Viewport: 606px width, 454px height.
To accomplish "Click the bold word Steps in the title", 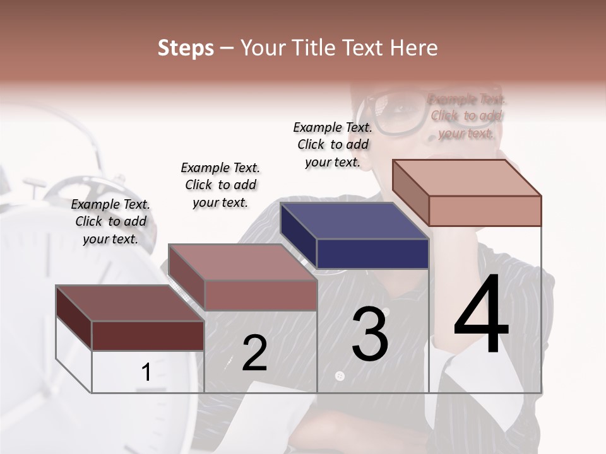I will [186, 48].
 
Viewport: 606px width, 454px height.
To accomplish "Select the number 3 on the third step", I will [370, 334].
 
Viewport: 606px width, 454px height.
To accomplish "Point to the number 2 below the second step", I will [254, 353].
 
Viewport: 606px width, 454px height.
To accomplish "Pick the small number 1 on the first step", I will [146, 373].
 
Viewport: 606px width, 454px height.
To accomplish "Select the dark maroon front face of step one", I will [148, 335].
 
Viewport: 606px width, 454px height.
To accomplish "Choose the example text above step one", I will [110, 221].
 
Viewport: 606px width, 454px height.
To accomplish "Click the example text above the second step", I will [220, 185].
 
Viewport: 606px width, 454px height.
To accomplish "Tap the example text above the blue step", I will [333, 144].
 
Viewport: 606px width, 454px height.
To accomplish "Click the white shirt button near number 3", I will [340, 376].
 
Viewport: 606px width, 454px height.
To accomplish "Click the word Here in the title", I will [414, 48].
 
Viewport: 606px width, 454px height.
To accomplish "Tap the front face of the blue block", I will [372, 253].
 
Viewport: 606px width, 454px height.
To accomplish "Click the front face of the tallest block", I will [485, 211].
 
